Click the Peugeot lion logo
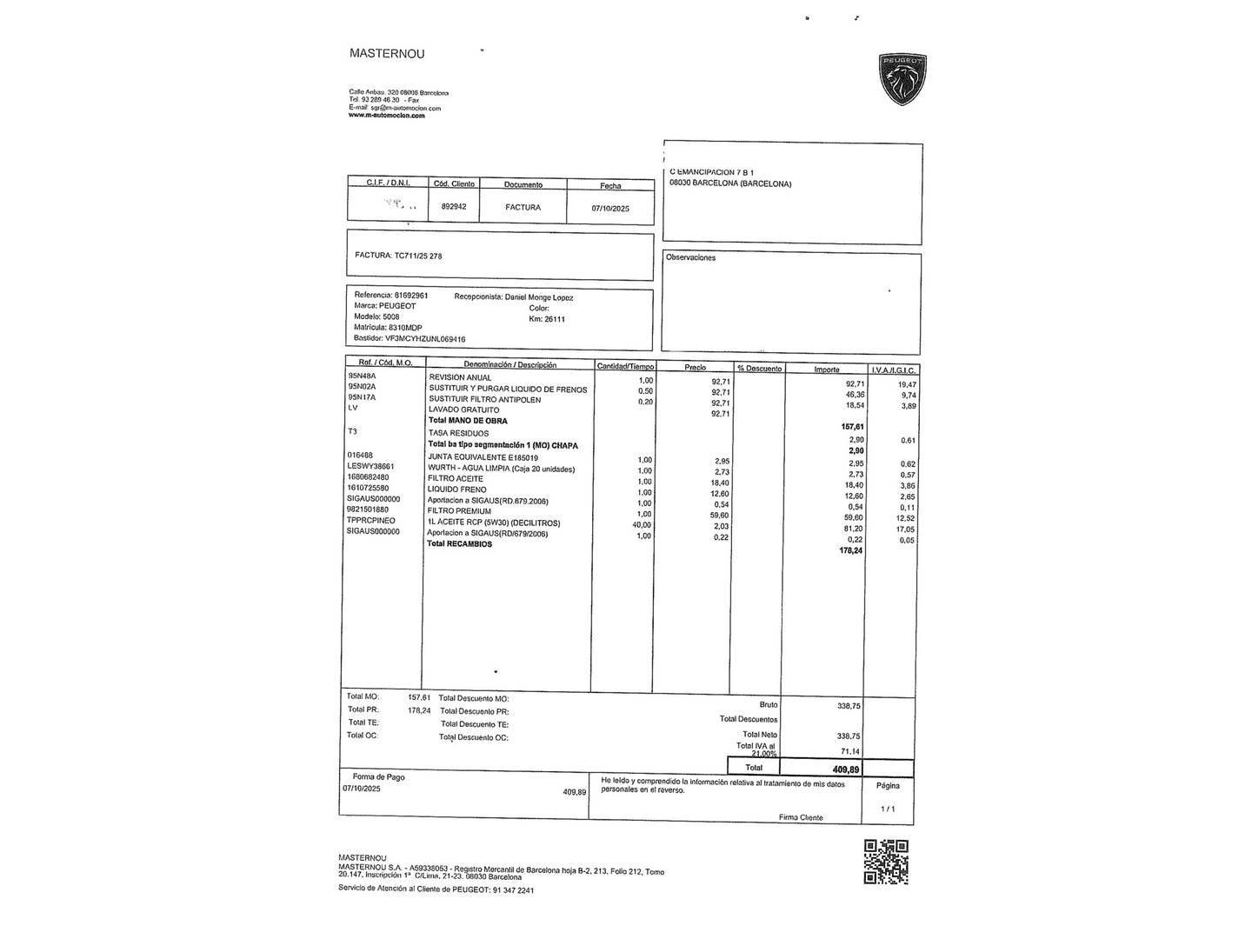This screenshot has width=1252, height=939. pos(903,79)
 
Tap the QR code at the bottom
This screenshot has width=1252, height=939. pos(885,862)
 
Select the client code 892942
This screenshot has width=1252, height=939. pos(454,207)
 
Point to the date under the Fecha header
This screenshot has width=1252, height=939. pos(610,209)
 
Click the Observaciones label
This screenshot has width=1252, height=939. pos(690,257)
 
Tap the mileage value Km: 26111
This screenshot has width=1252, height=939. pos(547,319)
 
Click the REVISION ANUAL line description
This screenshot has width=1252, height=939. pos(460,377)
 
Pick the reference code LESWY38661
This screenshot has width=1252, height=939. pos(370,466)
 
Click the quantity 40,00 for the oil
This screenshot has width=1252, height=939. pos(642,524)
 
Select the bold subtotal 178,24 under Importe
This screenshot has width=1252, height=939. pos(850,549)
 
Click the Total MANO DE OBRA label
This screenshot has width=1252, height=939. pos(468,421)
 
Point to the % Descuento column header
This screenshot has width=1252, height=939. pos(758,369)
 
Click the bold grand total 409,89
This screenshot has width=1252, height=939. pos(845,769)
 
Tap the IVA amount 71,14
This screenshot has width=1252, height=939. pos(849,751)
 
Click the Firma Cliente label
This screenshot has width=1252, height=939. pos(801,817)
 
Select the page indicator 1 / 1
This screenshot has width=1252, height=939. pos(887,809)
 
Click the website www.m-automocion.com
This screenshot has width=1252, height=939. pos(387,116)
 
